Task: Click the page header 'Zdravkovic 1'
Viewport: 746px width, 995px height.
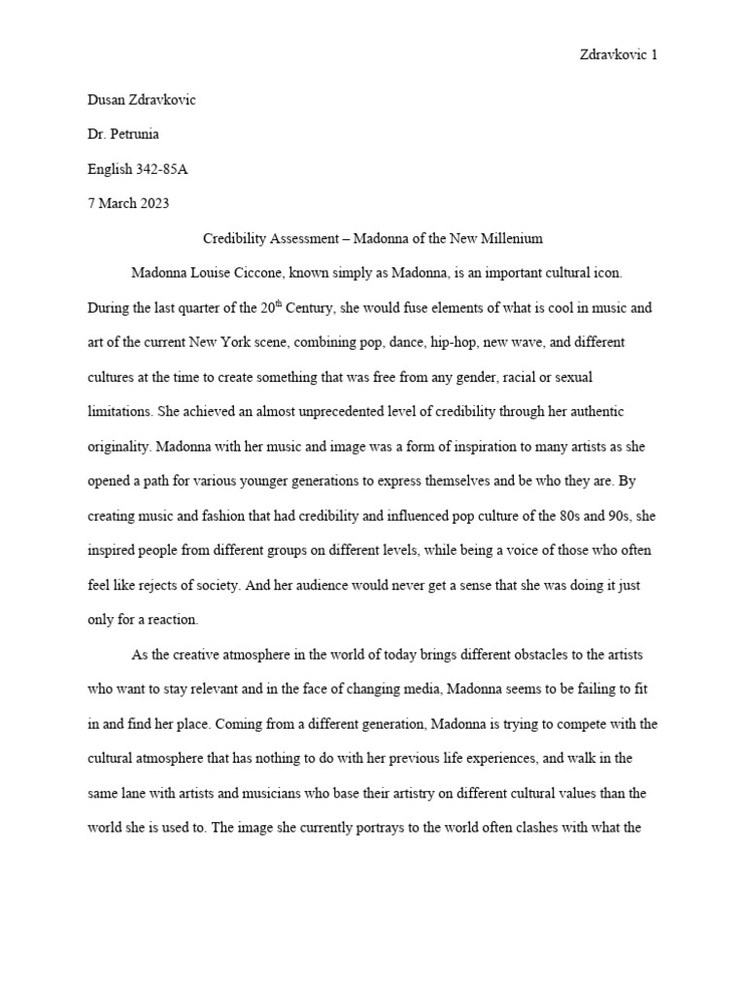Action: pos(618,55)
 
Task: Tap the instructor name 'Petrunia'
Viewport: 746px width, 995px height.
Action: pos(134,135)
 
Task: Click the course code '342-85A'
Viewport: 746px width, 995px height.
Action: pos(161,169)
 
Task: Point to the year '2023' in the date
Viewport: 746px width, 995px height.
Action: pos(153,203)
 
